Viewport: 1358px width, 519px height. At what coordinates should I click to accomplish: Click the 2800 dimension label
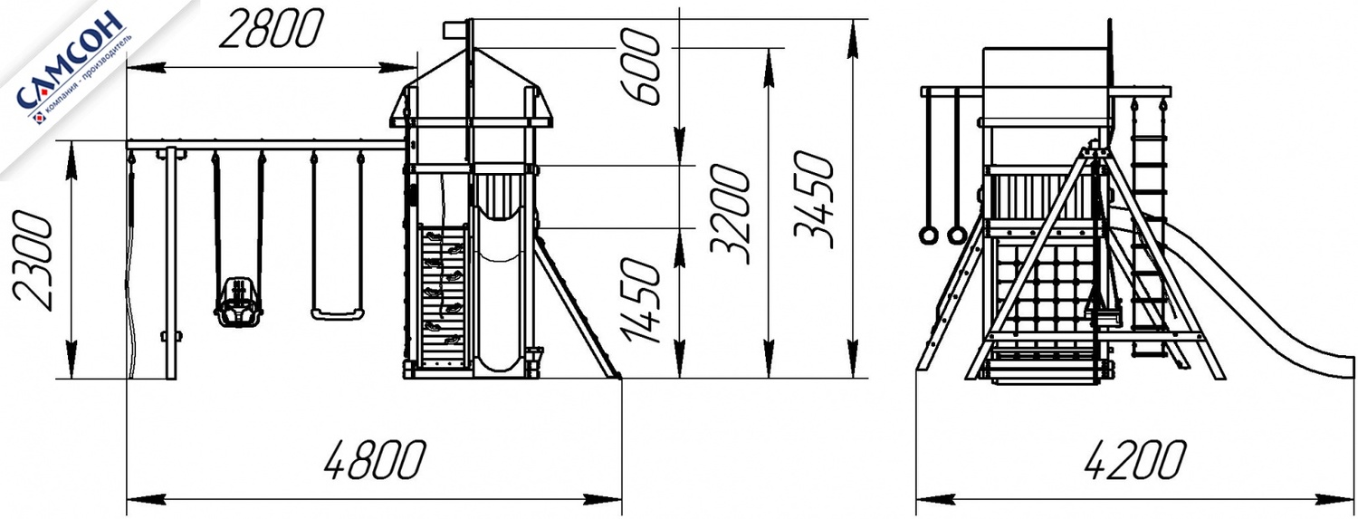[x=271, y=29]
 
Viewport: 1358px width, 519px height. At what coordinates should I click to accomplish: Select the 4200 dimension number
[x=1133, y=459]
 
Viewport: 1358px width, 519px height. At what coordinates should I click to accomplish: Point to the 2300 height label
[x=33, y=260]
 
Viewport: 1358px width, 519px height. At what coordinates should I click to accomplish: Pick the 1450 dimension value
[x=640, y=300]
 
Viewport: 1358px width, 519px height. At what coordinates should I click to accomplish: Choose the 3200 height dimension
[x=731, y=214]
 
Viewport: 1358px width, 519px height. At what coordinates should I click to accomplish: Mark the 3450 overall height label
[x=814, y=199]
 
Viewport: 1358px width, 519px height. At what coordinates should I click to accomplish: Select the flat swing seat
[x=338, y=314]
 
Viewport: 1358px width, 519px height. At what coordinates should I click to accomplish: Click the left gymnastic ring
[x=928, y=235]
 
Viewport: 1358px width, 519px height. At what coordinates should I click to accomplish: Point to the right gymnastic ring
[x=957, y=235]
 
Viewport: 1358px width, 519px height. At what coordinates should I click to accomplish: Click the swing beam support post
[x=172, y=264]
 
